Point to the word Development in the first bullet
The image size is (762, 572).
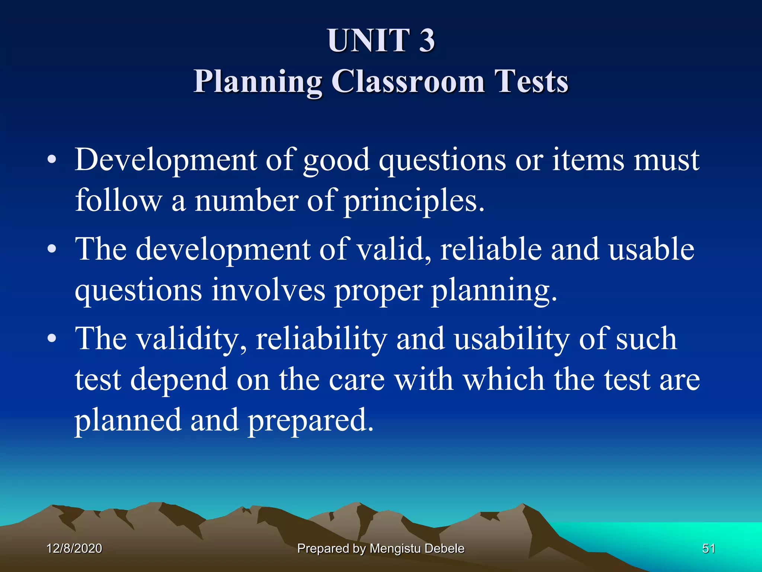click(166, 160)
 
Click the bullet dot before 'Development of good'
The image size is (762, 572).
click(52, 160)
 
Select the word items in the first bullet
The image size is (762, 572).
click(588, 160)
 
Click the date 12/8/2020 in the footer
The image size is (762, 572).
click(74, 549)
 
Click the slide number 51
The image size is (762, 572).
click(708, 549)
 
